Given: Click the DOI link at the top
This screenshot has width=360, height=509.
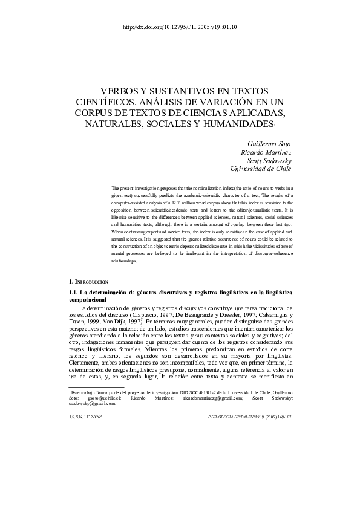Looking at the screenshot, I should (180, 27).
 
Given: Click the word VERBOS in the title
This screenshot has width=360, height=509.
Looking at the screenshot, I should (117, 88).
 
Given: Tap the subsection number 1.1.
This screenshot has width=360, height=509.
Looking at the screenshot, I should (76, 293).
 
